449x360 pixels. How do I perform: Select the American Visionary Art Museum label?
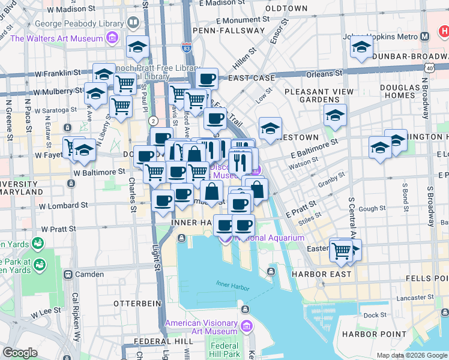[x=201, y=327]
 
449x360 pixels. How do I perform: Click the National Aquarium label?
[x=270, y=238]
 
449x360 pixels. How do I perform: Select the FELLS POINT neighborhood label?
[x=427, y=278]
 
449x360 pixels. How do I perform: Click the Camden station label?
[x=91, y=274]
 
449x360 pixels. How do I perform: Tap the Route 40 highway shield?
[x=430, y=68]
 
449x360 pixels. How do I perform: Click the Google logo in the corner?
[x=20, y=353]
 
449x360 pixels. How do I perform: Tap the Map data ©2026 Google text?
[x=412, y=355]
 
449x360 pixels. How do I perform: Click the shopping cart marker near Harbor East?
[x=341, y=249]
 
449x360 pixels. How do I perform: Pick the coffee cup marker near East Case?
[x=207, y=79]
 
